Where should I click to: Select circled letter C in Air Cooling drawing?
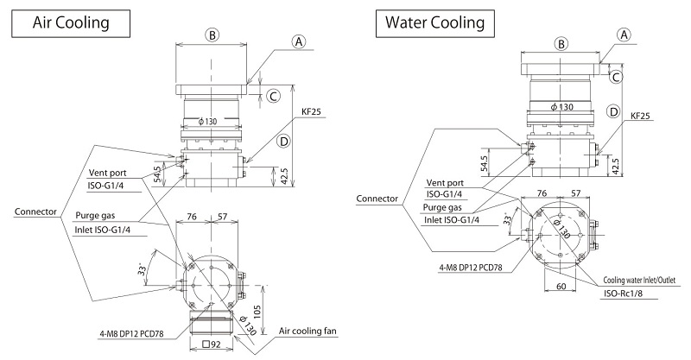tap(273, 96)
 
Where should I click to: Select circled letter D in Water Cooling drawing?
tap(613, 111)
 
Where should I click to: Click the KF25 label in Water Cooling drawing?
tap(641, 114)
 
